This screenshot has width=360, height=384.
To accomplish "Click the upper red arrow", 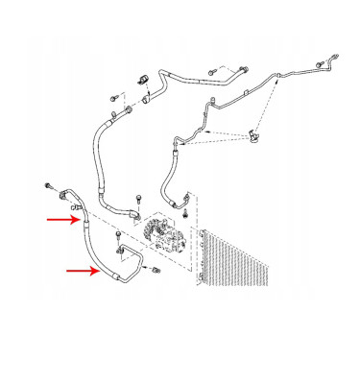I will [65, 219].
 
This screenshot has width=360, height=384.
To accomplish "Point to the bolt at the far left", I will [45, 183].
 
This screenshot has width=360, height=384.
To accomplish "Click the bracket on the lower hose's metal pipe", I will [121, 252].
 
